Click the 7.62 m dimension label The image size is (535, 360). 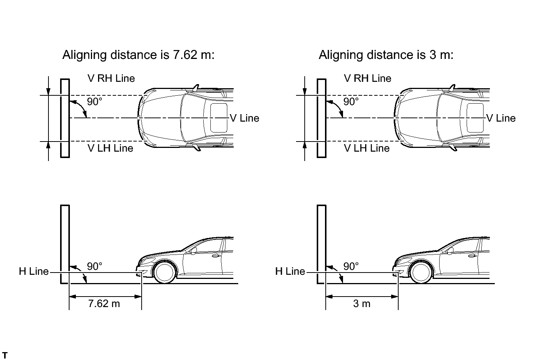(104, 304)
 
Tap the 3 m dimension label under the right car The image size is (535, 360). (361, 304)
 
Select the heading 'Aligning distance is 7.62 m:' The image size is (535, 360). (139, 55)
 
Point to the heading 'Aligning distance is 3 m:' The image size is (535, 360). (386, 55)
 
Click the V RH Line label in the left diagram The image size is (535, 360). (111, 78)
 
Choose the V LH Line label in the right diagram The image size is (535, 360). (367, 148)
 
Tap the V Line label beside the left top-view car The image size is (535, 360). (245, 118)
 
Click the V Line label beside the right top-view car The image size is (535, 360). (501, 118)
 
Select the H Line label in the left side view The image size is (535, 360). (34, 271)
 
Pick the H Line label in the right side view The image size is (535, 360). (290, 271)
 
